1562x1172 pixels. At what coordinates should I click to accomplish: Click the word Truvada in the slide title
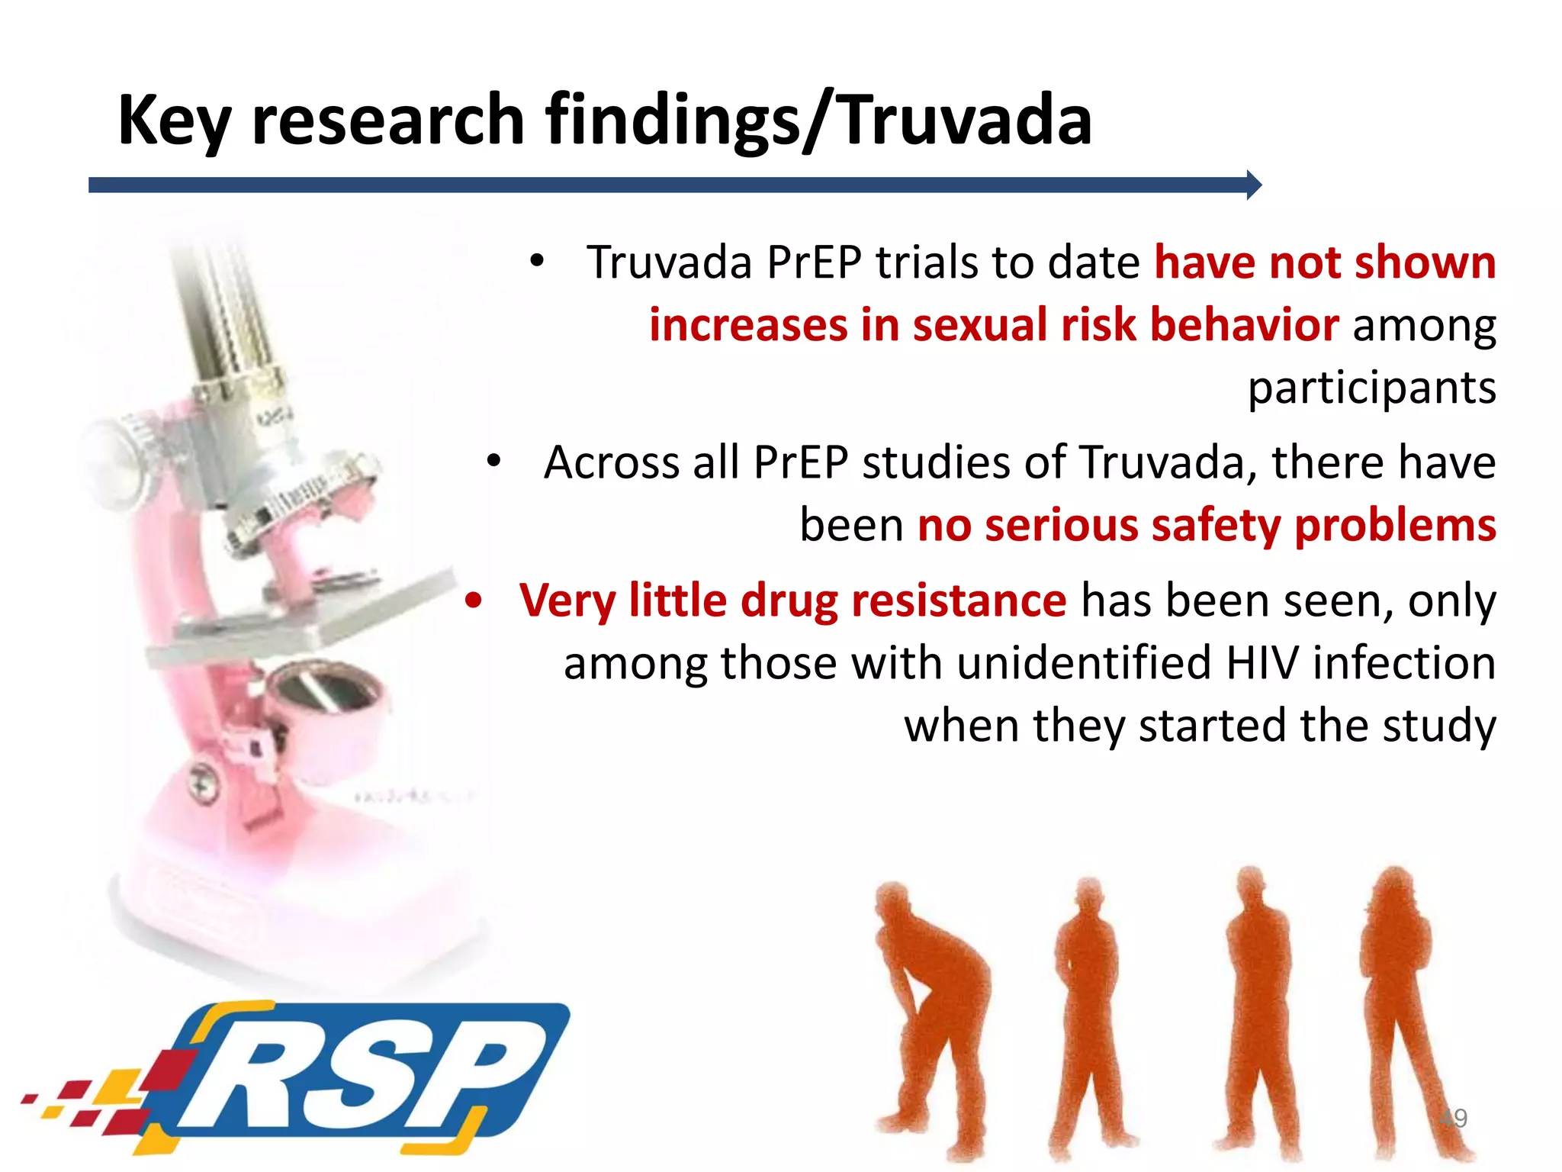pos(966,120)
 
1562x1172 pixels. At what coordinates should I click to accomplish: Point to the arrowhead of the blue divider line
pos(1253,185)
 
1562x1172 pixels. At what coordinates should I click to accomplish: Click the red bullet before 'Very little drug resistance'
pos(474,600)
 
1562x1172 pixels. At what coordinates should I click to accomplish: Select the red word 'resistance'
pos(959,600)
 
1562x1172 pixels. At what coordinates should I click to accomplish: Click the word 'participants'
pos(1371,388)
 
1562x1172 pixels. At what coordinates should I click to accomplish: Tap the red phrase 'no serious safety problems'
pos(1207,526)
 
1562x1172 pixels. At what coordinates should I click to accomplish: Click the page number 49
pos(1454,1119)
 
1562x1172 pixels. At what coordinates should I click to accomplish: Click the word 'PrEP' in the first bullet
pos(814,263)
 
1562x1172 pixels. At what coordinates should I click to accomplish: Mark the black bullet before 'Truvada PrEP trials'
pos(538,262)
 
